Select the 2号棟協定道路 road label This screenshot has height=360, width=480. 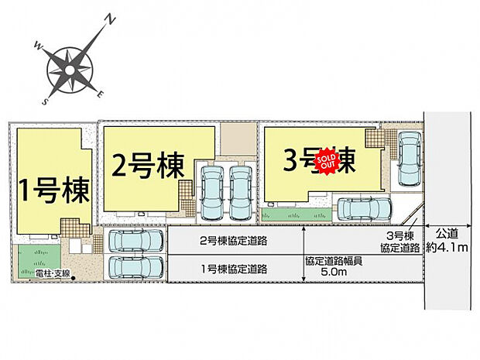click(234, 241)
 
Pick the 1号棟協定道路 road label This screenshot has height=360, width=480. click(234, 269)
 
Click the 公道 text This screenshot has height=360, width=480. click(448, 232)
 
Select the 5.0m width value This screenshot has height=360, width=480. click(332, 272)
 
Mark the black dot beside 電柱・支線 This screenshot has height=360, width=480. click(74, 276)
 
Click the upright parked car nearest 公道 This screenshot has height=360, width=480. click(409, 159)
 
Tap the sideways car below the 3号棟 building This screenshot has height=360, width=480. click(365, 209)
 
